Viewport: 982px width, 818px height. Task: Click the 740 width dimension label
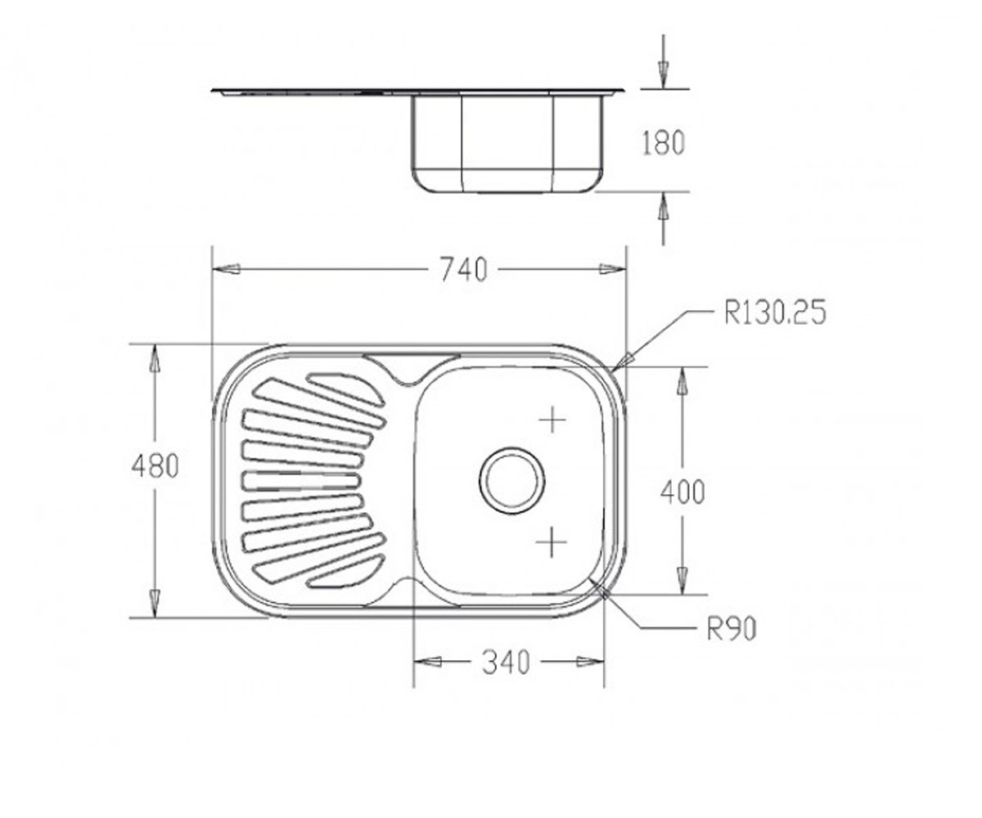(463, 270)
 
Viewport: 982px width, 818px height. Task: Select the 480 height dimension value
(155, 466)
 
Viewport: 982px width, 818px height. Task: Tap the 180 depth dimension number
(663, 143)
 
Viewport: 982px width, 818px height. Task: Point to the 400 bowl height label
(682, 492)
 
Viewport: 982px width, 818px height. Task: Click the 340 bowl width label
(506, 663)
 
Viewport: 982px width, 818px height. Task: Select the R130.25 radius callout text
(775, 312)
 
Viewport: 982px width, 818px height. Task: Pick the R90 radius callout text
(732, 630)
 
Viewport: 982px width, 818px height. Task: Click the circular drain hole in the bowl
(512, 480)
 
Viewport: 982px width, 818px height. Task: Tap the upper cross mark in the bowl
(552, 420)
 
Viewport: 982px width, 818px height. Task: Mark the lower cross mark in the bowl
(552, 543)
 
